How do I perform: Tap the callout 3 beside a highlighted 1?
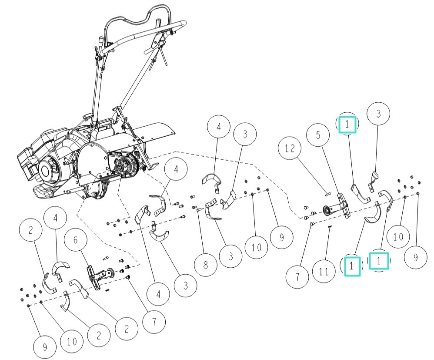pos(378,114)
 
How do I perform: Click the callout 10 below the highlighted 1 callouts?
pos(398,237)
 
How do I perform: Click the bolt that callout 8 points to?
pos(198,210)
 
